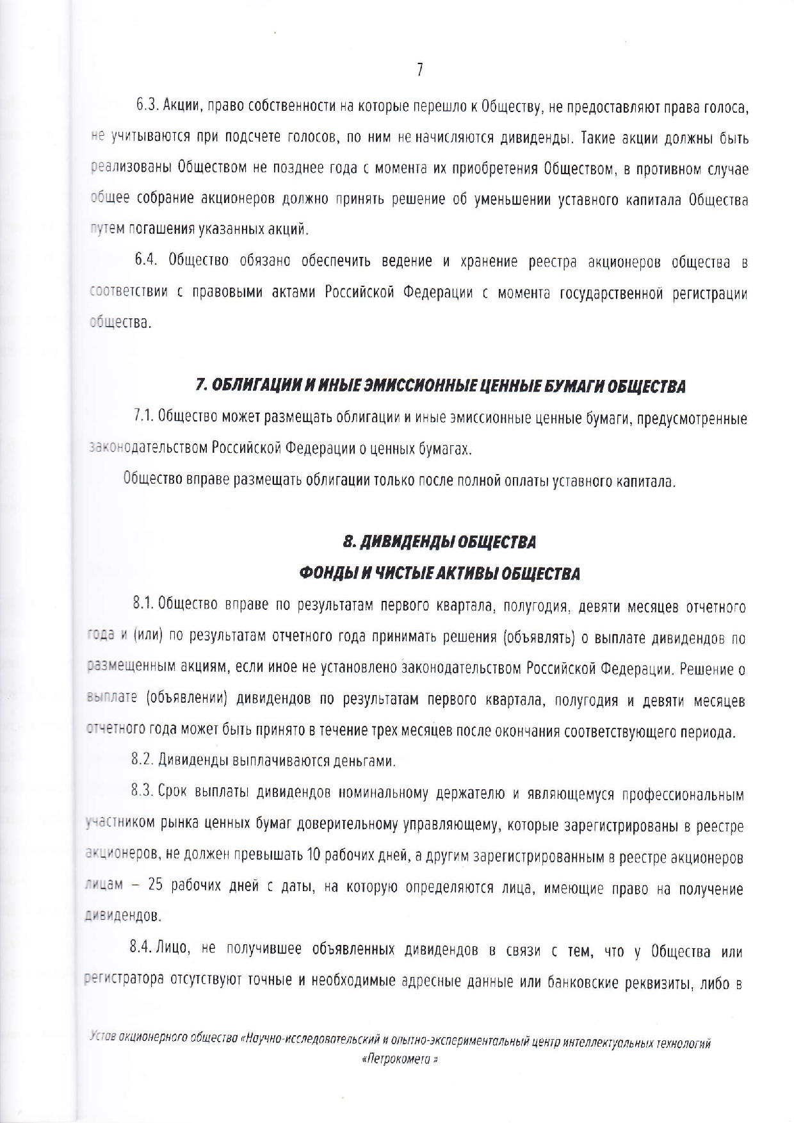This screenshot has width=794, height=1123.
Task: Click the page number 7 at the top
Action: coord(419,70)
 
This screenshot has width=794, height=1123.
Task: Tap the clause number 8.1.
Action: coord(143,603)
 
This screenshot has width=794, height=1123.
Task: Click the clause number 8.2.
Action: coord(143,761)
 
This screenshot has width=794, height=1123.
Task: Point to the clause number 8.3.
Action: coord(143,792)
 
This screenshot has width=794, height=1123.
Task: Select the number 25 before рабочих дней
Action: coord(156,887)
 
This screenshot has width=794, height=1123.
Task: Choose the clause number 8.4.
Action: coord(142,950)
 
